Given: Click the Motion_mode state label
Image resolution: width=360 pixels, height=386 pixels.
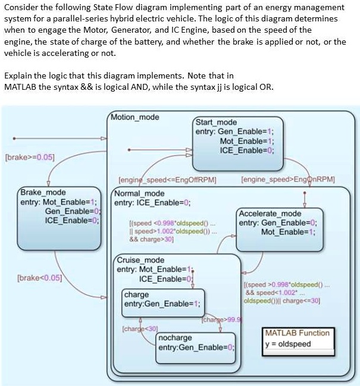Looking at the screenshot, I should tap(136, 117).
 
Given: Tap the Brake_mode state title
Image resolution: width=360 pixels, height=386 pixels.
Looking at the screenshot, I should tap(43, 193).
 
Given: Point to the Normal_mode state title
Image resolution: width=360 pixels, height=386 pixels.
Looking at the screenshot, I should tap(139, 194).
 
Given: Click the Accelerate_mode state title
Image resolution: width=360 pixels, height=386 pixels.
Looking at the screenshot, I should tap(270, 214).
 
